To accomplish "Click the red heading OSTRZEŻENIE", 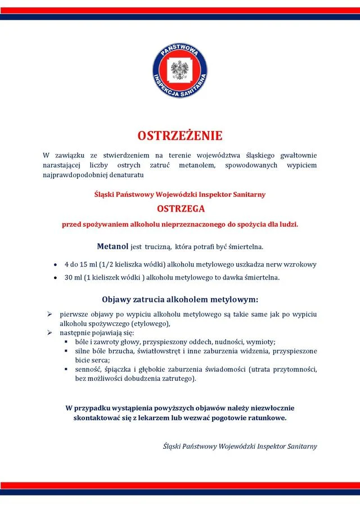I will click(180, 136).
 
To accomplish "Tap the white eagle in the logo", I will click(180, 71).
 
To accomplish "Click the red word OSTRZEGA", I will click(180, 209).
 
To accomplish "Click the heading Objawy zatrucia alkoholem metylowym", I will click(180, 299).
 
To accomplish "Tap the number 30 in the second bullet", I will click(69, 277).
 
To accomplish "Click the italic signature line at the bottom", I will click(240, 446).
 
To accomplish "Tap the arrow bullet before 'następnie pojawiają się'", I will click(49, 333).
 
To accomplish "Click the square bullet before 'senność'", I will click(66, 370).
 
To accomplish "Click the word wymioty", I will click(261, 342).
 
